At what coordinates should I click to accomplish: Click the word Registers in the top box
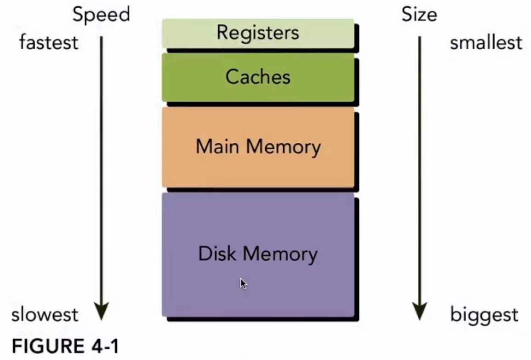pos(257,33)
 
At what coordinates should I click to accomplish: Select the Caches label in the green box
pos(258,77)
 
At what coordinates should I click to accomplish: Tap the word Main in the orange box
pos(218,147)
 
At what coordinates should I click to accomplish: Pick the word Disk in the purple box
pos(218,254)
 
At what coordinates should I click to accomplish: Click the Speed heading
pos(101,15)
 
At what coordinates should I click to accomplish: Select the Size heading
pos(419,15)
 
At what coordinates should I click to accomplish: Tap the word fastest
pos(49,43)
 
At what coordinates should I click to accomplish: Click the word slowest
pos(45,315)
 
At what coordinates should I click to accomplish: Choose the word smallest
pos(486,43)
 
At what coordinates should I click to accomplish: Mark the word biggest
pos(484,315)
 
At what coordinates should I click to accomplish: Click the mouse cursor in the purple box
pos(243,283)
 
